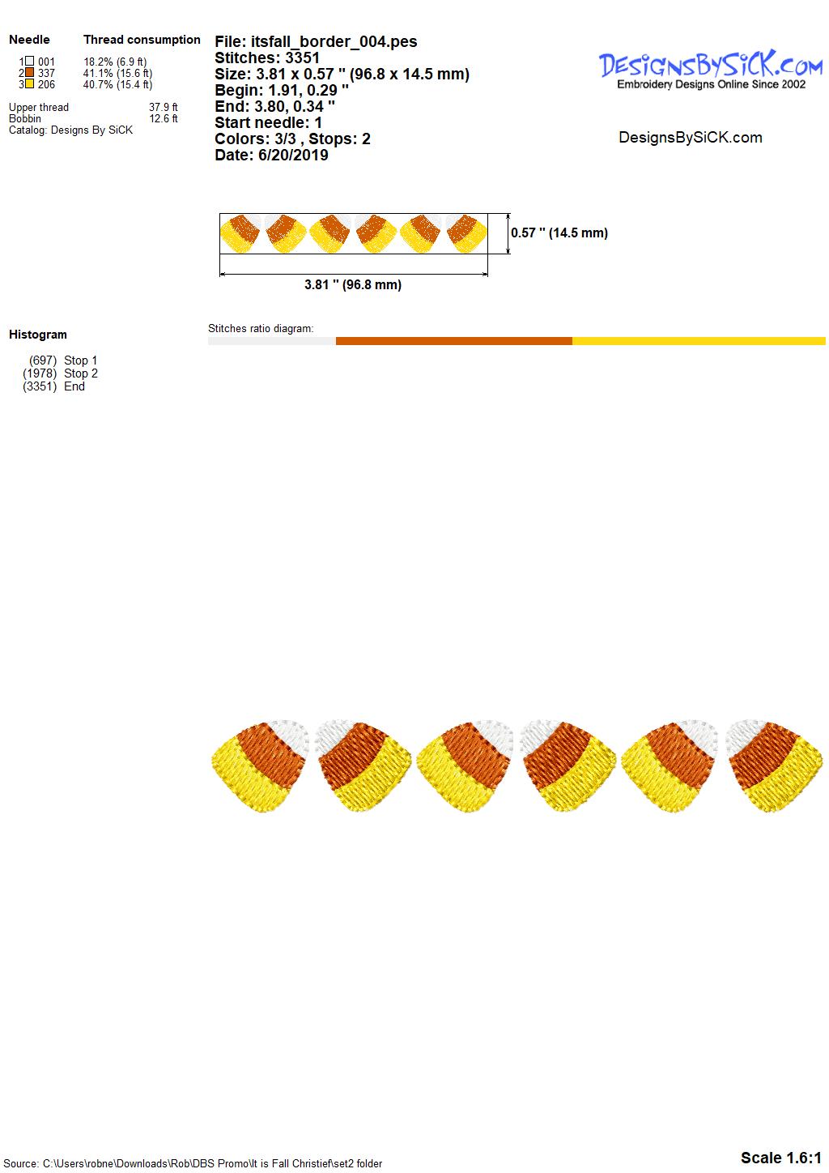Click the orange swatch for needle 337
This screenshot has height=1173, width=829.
[30, 72]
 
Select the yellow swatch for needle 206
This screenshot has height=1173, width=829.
[30, 83]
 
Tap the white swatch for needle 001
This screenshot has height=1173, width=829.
[30, 61]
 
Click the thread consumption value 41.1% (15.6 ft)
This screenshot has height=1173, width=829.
[117, 73]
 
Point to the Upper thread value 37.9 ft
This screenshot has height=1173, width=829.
[164, 107]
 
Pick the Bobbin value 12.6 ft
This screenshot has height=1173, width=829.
[164, 118]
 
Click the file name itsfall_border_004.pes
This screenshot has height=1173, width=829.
[334, 41]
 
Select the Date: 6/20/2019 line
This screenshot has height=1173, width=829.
[271, 155]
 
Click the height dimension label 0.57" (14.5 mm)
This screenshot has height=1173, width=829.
[559, 232]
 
